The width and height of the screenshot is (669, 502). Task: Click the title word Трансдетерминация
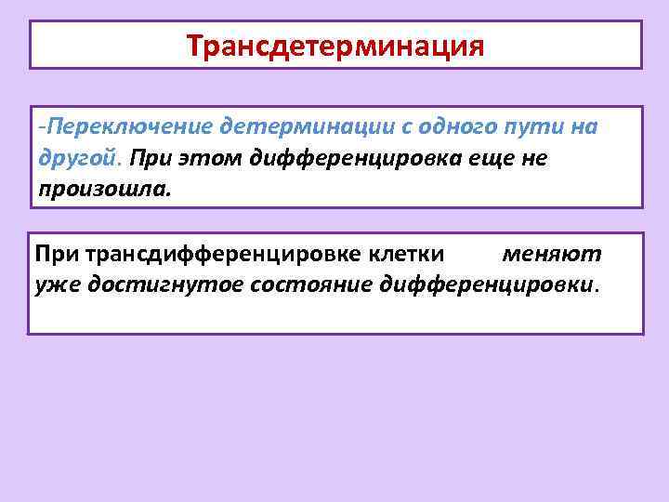tap(334, 45)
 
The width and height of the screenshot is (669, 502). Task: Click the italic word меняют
tap(552, 252)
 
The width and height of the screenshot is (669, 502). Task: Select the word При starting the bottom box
tap(58, 252)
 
